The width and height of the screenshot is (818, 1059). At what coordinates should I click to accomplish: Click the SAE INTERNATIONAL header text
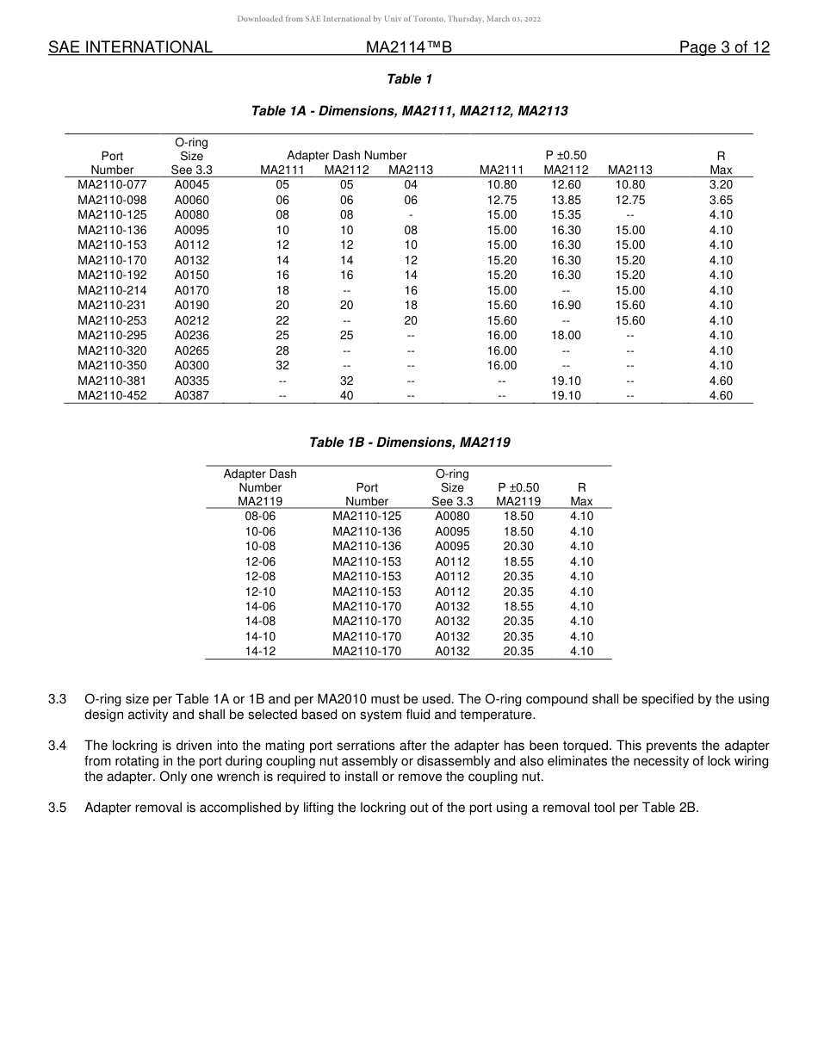click(130, 48)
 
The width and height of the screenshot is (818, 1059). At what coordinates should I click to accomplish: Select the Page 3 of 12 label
click(724, 48)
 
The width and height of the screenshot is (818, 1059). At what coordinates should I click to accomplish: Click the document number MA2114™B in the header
click(409, 48)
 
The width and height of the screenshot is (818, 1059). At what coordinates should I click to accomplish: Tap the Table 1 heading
click(409, 79)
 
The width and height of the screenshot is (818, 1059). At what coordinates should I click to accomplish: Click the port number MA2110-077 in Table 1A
click(112, 185)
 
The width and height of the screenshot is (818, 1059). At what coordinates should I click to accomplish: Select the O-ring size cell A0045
click(191, 185)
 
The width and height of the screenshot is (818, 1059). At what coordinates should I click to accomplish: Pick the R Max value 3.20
click(721, 185)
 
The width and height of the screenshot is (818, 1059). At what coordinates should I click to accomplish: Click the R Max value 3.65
click(721, 200)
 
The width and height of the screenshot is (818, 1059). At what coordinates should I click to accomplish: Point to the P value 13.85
click(566, 200)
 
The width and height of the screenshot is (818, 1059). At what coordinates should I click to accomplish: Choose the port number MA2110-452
click(112, 396)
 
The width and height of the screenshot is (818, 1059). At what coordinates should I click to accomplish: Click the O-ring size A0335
click(191, 381)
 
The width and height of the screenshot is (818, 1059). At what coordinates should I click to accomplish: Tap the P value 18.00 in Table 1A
click(566, 336)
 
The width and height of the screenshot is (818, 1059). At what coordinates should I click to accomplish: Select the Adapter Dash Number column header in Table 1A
click(334, 156)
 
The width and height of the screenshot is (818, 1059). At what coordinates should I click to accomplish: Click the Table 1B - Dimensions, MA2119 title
click(409, 443)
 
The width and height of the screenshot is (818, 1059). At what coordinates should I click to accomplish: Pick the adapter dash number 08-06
click(260, 517)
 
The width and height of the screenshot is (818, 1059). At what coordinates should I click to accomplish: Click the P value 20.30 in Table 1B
click(518, 547)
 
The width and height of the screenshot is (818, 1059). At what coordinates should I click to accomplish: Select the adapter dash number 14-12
click(260, 652)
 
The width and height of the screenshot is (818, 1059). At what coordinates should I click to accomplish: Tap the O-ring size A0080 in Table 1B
click(452, 517)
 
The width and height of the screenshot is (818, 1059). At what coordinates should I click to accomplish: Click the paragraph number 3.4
click(57, 746)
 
